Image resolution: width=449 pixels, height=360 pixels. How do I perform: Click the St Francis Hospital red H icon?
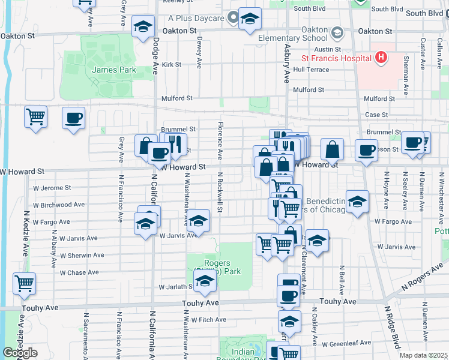point(380,58)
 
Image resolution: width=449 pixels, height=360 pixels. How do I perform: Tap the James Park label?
point(113,70)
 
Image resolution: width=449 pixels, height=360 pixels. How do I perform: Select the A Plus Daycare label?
point(196,19)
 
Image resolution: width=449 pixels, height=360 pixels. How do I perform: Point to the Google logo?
point(20,352)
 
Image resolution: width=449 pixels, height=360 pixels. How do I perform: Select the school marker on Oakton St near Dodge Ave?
point(143,27)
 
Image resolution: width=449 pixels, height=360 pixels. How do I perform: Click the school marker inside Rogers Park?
point(205,281)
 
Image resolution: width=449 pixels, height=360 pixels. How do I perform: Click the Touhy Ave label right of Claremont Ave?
point(338,302)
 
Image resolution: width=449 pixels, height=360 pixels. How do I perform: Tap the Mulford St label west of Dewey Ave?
point(176,98)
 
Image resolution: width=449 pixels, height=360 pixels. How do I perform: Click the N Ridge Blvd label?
point(391,330)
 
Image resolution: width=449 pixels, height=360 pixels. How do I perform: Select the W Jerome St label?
point(52,188)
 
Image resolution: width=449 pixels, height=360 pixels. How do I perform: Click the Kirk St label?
point(171,64)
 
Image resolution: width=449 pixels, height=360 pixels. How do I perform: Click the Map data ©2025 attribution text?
point(423,355)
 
